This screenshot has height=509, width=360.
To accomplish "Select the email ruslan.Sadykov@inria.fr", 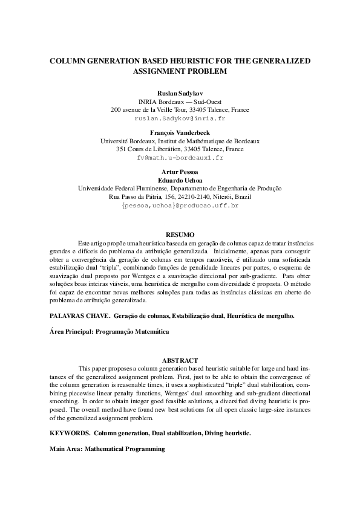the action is [180, 119].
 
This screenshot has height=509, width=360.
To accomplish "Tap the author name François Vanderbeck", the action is [180, 132].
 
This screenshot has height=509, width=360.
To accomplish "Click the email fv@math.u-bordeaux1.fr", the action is [180, 158].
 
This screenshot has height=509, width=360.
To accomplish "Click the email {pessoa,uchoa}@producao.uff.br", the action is [180, 206].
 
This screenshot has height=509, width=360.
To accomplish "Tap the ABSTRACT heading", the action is [180, 360].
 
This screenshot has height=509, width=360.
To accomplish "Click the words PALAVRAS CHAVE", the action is [74, 315].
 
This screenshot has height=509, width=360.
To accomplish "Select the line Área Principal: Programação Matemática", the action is [109, 331].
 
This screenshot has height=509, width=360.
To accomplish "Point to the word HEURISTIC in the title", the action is [180, 60].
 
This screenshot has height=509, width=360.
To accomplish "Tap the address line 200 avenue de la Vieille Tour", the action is [180, 110].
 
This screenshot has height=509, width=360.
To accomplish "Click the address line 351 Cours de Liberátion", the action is [180, 149].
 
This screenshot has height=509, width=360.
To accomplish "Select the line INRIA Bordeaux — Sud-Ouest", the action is [180, 102].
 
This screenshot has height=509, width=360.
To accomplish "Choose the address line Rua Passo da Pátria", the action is [180, 197].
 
